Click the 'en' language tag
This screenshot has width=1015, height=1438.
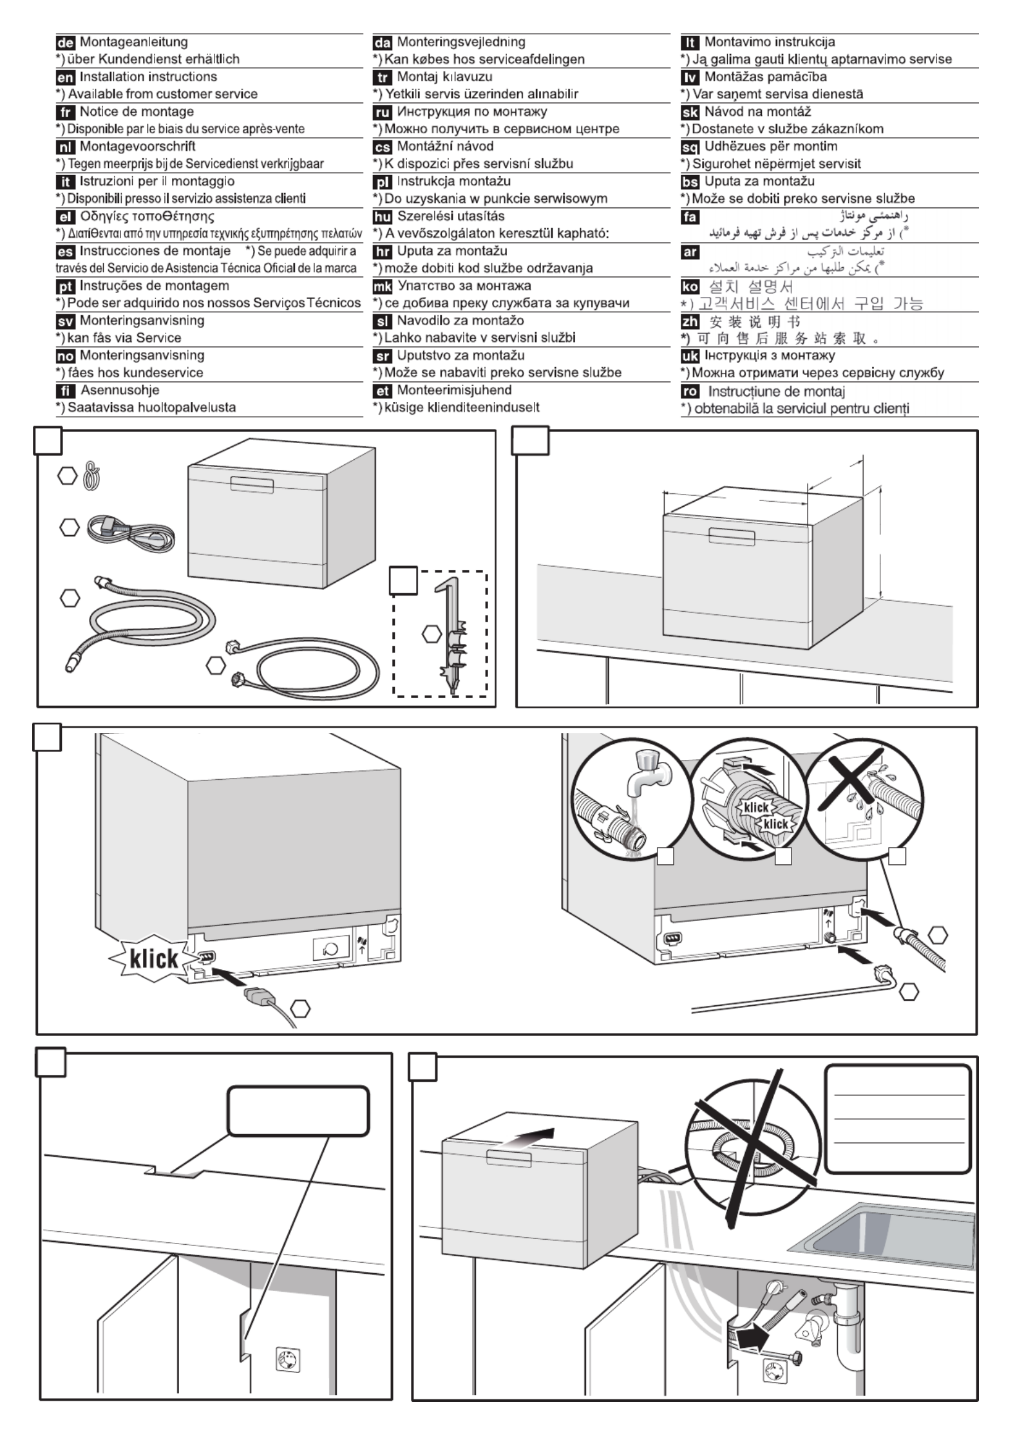(x=65, y=77)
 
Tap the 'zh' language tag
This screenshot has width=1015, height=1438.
(x=690, y=321)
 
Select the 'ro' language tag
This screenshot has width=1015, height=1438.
(x=690, y=391)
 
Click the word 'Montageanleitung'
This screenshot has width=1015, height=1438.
(x=133, y=43)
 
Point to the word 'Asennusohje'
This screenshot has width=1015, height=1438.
(x=120, y=390)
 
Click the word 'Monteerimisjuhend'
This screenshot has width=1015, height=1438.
(x=454, y=390)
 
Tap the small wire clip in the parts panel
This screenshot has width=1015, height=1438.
(x=90, y=477)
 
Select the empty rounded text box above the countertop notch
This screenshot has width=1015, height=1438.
(x=298, y=1111)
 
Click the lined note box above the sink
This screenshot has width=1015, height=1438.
(x=898, y=1119)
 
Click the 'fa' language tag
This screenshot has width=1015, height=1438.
(x=690, y=217)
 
